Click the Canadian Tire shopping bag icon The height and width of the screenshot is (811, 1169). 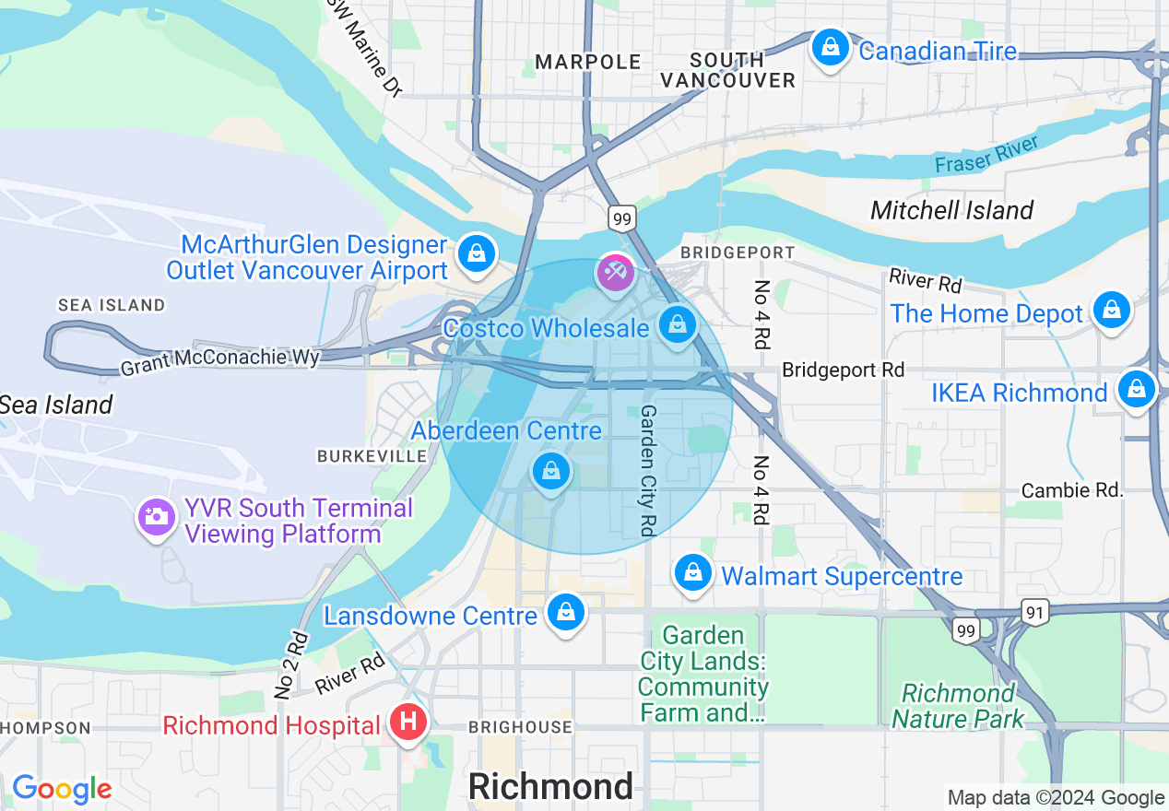[x=830, y=47]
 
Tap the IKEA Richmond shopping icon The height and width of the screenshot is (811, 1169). [x=1137, y=390]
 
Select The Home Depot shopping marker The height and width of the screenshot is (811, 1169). [x=1112, y=311]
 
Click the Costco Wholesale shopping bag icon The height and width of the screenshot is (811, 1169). [x=678, y=324]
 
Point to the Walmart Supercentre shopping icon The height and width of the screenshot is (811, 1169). [x=693, y=573]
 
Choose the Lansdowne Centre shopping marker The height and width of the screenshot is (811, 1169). [x=566, y=612]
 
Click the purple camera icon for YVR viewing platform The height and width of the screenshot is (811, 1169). [x=157, y=517]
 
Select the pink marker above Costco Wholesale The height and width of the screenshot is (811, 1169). [x=615, y=272]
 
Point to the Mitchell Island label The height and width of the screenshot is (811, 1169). [x=951, y=210]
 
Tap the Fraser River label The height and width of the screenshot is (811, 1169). [x=986, y=154]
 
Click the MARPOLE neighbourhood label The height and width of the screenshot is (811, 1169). [x=588, y=62]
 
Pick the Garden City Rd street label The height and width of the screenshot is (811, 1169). [x=648, y=470]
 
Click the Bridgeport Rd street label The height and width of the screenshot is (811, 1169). [x=843, y=370]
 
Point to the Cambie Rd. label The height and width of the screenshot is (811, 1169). [x=1072, y=490]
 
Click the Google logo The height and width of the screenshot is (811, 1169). [x=62, y=789]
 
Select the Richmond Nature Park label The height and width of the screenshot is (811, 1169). [x=958, y=706]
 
